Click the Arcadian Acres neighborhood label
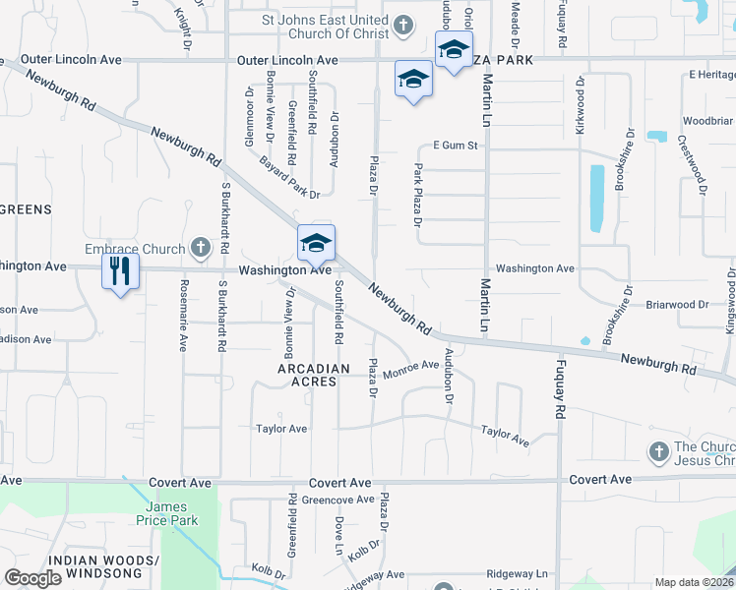click(313, 376)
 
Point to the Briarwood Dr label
click(677, 305)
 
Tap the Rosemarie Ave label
click(183, 315)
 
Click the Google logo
click(33, 578)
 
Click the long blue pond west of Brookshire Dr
click(596, 198)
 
